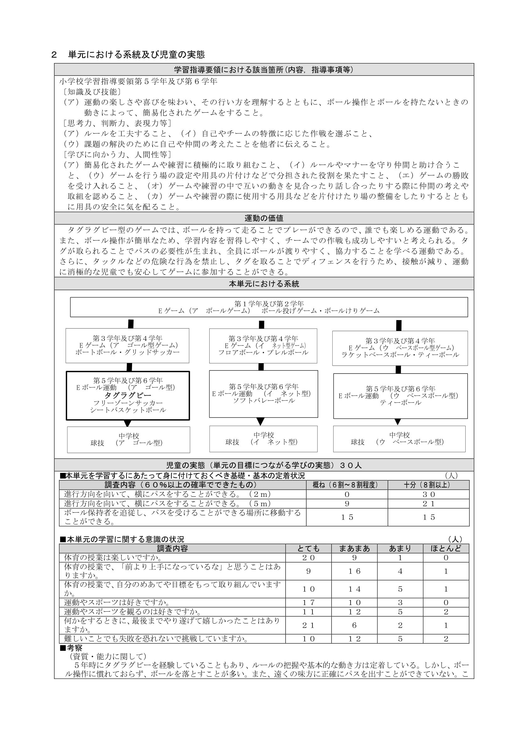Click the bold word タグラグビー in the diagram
click(127, 395)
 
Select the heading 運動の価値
click(264, 218)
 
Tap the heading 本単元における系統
click(264, 284)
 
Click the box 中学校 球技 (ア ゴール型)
click(128, 440)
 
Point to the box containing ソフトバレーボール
click(263, 394)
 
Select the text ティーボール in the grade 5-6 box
click(400, 403)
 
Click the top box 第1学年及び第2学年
click(269, 307)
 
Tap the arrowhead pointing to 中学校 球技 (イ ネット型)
click(260, 421)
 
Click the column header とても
click(308, 549)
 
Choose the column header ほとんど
click(446, 549)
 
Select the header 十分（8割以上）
click(428, 485)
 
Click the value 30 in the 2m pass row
click(429, 495)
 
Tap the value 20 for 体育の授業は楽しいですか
click(308, 558)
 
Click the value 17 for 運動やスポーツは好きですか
click(308, 603)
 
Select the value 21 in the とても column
click(308, 625)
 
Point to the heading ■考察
click(71, 648)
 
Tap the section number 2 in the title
click(54, 55)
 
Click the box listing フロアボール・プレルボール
click(263, 346)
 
